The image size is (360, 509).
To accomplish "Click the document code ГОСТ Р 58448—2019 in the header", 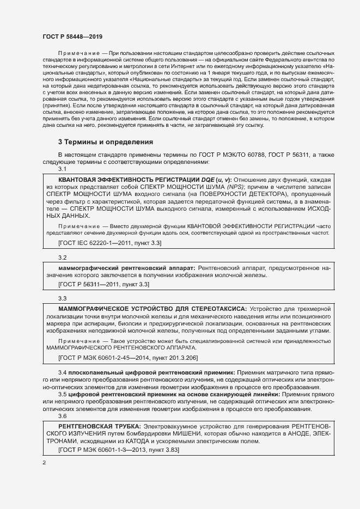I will point(72,36).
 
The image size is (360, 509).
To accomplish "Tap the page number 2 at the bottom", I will point(44,463).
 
